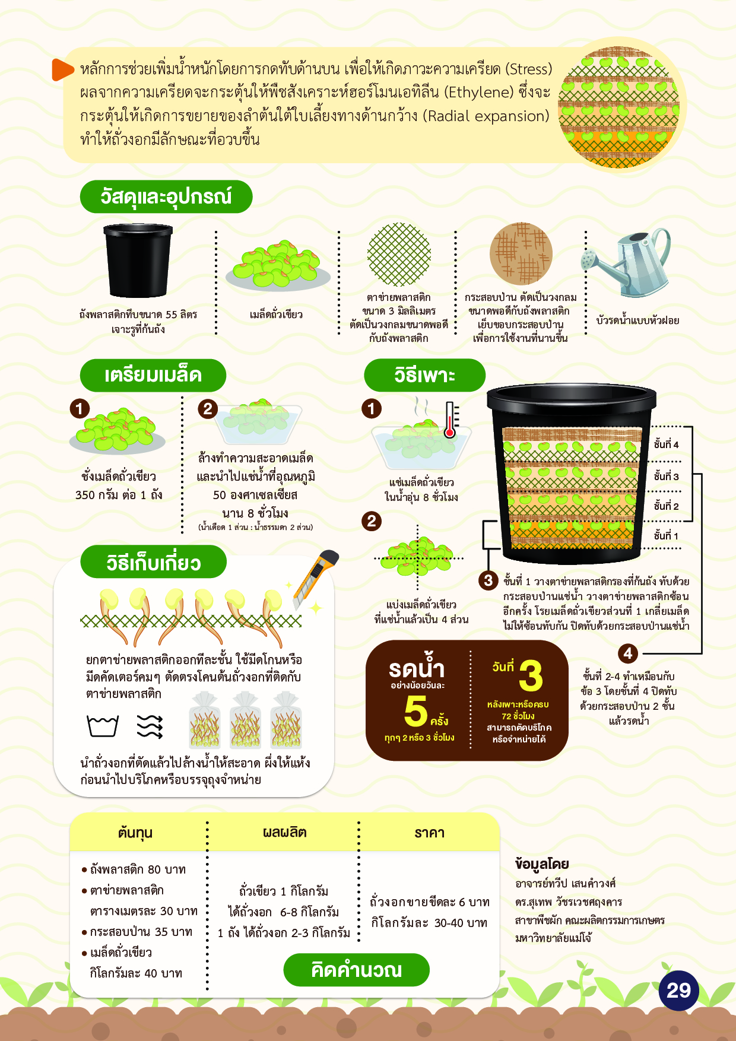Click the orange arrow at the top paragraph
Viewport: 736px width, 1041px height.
click(62, 69)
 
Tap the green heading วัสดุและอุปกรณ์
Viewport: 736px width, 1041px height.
click(166, 196)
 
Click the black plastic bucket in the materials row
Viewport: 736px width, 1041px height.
click(138, 261)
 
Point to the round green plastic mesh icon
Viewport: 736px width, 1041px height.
click(399, 255)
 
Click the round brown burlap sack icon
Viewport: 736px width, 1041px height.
click(521, 254)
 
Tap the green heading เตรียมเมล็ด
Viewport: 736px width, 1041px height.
click(153, 375)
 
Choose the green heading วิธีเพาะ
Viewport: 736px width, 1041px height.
click(424, 375)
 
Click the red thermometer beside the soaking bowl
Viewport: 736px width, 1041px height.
click(451, 420)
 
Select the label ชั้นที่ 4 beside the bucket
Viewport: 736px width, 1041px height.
click(666, 445)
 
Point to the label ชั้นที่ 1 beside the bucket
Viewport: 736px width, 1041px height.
click(666, 535)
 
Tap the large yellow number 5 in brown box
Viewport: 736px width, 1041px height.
click(415, 710)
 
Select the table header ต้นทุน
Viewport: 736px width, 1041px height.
click(135, 833)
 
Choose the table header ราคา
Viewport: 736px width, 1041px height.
click(429, 833)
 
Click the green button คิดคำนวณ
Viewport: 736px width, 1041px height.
click(356, 970)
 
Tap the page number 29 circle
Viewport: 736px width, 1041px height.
click(678, 990)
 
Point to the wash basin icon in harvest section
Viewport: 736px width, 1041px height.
click(103, 726)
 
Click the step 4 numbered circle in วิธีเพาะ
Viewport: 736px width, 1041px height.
click(628, 653)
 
